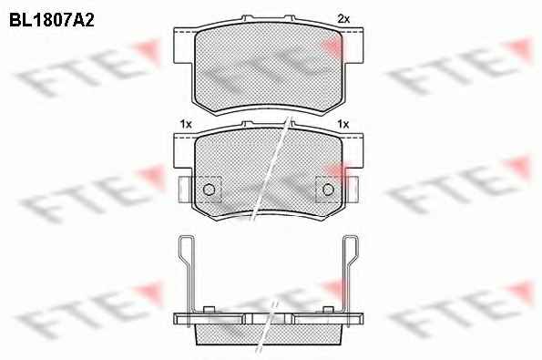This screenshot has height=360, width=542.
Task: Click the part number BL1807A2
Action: (52, 20)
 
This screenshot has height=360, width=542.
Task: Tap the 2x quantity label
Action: (343, 19)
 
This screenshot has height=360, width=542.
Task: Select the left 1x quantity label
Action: (186, 124)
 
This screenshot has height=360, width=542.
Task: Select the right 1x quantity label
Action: (343, 124)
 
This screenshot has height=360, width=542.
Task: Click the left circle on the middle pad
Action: (209, 190)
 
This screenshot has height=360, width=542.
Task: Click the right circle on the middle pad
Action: (328, 190)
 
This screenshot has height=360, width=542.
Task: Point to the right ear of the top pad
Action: (353, 46)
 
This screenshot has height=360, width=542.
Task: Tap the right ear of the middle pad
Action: (353, 151)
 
